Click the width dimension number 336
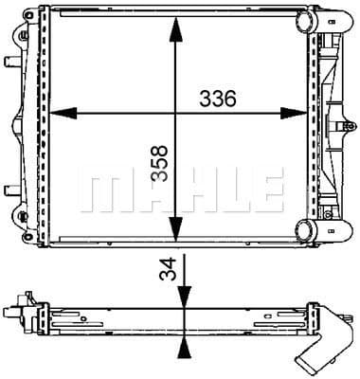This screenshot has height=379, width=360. point(216,98)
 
